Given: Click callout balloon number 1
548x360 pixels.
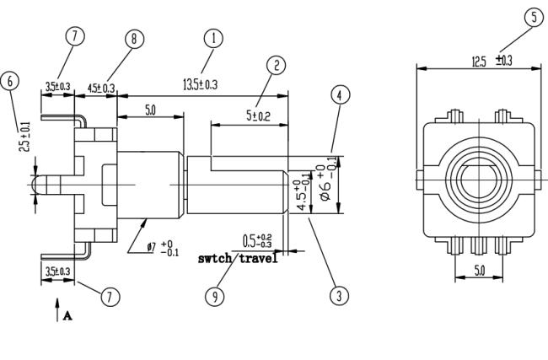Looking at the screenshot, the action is click(x=213, y=38).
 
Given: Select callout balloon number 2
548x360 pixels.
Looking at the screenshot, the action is click(x=276, y=65).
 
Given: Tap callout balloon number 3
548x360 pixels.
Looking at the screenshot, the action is click(x=339, y=296).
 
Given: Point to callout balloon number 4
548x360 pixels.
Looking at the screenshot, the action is click(x=340, y=94).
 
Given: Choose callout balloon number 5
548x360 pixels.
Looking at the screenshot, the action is click(x=534, y=17).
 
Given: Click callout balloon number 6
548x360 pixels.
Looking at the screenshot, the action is click(x=10, y=81).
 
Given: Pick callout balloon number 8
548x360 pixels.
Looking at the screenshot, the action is click(x=134, y=39).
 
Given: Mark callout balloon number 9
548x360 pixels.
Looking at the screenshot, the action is click(x=215, y=297).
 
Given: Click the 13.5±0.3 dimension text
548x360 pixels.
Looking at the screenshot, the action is click(x=200, y=84).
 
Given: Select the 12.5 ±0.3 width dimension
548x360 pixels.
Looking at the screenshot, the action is click(x=492, y=62).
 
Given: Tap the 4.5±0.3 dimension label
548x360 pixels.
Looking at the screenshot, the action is click(x=100, y=88).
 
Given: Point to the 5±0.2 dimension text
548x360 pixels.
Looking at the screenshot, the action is click(x=258, y=116).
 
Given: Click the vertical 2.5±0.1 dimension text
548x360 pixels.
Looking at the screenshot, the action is click(x=24, y=137).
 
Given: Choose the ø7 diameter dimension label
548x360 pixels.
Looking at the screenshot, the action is click(x=163, y=248).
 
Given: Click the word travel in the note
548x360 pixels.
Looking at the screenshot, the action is click(x=258, y=259).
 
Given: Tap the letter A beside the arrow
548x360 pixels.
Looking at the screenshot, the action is click(x=67, y=316).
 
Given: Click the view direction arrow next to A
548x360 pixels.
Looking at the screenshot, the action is click(x=57, y=309).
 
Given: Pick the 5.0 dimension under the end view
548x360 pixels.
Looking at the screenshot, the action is click(x=480, y=270).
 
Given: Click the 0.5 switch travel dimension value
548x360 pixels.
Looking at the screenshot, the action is click(x=257, y=241).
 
